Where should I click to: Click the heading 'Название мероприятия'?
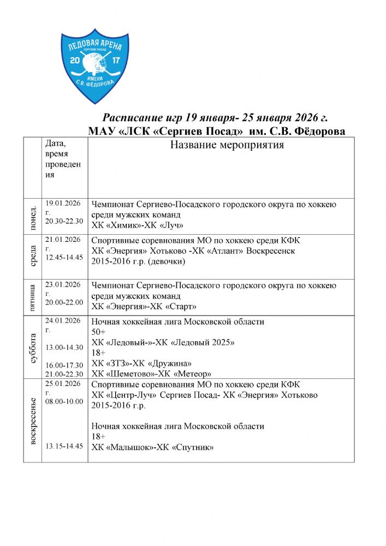[x=227, y=145]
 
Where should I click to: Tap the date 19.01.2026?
[x=63, y=203]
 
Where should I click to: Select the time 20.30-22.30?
[x=64, y=221]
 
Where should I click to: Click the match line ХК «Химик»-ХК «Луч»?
[x=137, y=225]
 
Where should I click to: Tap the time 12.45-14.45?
[x=64, y=257]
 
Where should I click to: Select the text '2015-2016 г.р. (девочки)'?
[x=139, y=261]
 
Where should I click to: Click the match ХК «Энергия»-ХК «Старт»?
[x=144, y=306]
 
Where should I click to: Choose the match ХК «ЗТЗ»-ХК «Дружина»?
[x=142, y=363]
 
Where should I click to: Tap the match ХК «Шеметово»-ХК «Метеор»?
[x=151, y=373]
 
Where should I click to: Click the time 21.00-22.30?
[x=64, y=374]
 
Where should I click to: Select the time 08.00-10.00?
[x=64, y=401]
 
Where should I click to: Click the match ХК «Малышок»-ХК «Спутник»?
[x=152, y=447]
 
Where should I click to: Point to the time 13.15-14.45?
[x=64, y=446]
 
